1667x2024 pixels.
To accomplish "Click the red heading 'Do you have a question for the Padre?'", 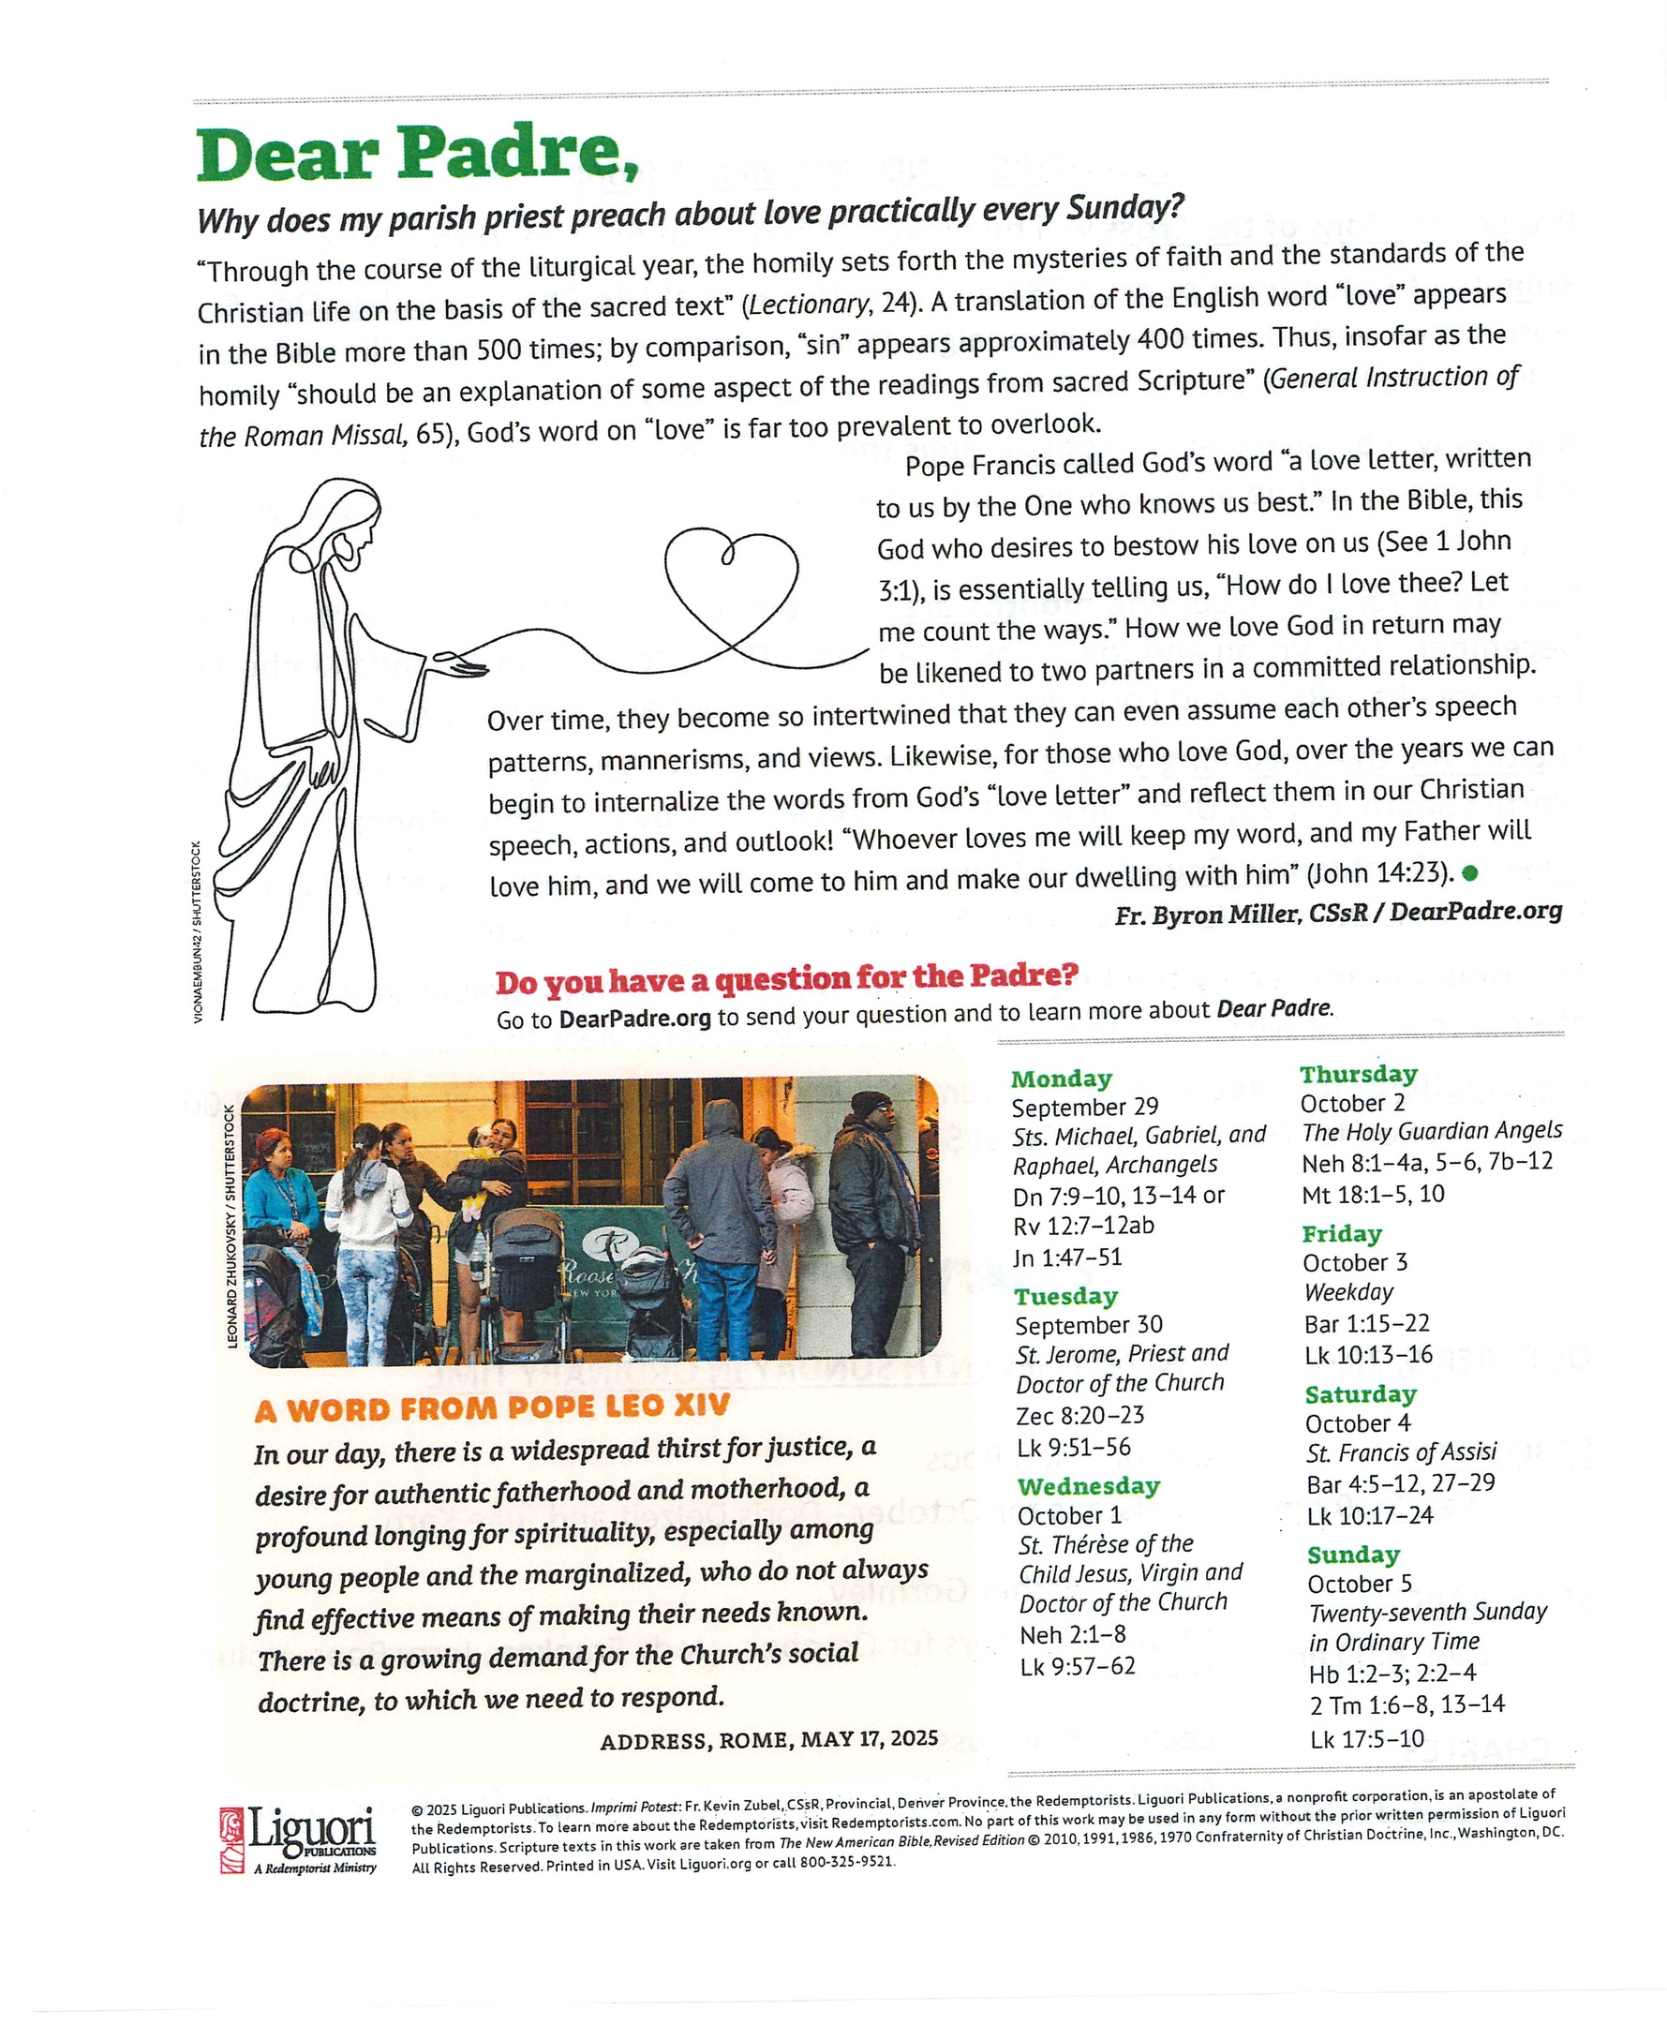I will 786,978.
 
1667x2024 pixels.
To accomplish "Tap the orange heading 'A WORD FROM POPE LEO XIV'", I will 493,1408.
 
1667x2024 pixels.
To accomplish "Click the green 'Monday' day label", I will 1061,1079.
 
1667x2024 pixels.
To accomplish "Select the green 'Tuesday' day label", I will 1065,1296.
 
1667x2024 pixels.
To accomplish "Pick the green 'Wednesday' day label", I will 1089,1486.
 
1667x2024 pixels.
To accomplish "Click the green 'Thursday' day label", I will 1358,1075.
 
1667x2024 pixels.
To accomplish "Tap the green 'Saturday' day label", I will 1361,1394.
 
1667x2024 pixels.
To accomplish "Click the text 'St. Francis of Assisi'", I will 1401,1452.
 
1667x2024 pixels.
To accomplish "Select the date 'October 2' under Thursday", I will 1352,1104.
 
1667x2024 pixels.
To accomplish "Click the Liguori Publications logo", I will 299,1838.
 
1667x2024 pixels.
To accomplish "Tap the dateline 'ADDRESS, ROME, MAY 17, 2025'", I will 768,1740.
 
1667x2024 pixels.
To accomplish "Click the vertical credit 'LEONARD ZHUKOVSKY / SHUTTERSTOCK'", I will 231,1227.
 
